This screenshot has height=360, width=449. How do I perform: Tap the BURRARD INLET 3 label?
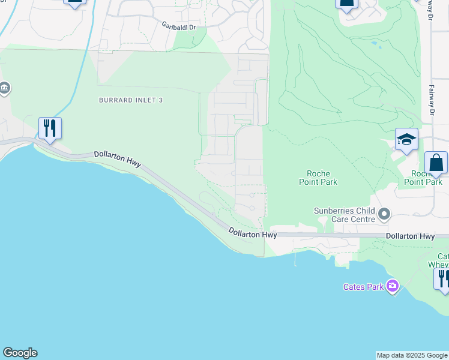click(x=130, y=100)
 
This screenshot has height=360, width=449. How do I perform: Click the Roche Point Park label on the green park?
click(x=319, y=178)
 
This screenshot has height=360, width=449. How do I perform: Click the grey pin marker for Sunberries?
click(x=385, y=214)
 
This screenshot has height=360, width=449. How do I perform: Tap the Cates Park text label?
click(x=363, y=287)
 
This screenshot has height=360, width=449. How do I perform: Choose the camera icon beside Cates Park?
click(x=393, y=286)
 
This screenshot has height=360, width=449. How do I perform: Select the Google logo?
click(x=20, y=353)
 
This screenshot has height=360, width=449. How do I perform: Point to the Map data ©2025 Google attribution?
click(x=412, y=355)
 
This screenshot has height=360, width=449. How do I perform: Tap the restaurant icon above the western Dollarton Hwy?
click(x=50, y=128)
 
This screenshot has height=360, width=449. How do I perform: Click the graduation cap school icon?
click(x=406, y=140)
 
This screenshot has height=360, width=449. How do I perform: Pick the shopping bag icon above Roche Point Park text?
click(x=436, y=163)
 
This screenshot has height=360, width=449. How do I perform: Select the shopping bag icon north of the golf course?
click(x=347, y=2)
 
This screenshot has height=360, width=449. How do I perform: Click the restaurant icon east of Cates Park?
click(x=443, y=278)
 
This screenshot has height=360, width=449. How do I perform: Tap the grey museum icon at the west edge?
click(x=4, y=89)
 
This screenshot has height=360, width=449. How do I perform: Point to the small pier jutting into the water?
click(x=295, y=259)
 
